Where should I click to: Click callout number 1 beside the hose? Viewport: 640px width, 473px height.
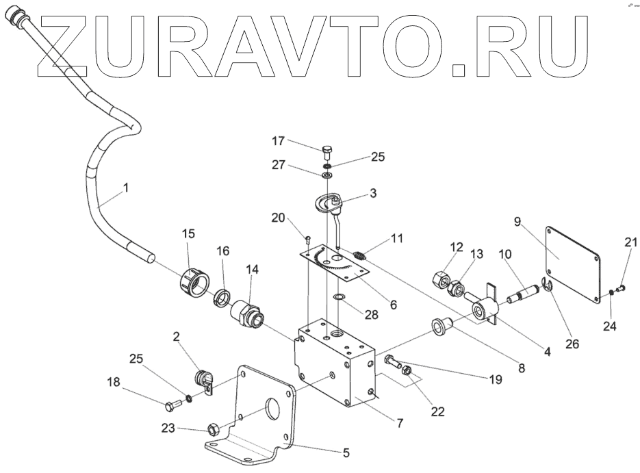pos(126,186)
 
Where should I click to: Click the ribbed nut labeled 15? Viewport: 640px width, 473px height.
pos(194,281)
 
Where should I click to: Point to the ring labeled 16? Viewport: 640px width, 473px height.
pos(222,298)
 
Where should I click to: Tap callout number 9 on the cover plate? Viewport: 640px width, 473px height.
pos(517,221)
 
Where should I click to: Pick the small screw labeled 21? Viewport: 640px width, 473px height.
pos(622,289)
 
